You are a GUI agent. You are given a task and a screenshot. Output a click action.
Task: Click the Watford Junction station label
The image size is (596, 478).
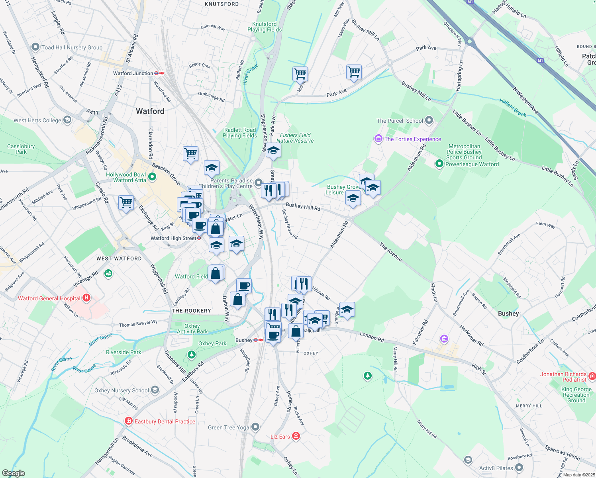tap(133, 73)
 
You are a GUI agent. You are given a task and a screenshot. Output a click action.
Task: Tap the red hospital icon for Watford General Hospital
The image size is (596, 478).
tap(86, 298)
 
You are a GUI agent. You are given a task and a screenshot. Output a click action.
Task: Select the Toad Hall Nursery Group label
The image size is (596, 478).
tap(72, 47)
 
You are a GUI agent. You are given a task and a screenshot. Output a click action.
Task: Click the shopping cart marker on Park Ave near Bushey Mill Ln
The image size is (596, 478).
tap(354, 72)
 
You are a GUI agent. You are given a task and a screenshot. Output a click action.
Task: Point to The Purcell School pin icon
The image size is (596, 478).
tap(429, 120)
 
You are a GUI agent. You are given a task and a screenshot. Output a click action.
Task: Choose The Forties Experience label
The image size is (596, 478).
tap(413, 139)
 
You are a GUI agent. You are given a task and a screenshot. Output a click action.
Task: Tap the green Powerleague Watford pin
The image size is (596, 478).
tap(439, 164)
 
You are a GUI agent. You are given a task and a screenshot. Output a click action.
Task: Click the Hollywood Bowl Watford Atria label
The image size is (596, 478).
tap(126, 177)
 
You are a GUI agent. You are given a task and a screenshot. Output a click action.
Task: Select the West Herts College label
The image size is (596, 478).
tap(37, 120)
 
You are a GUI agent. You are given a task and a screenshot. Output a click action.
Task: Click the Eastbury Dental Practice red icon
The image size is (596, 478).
tap(128, 421)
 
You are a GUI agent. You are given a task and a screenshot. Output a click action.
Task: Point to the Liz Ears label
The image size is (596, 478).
tap(280, 437)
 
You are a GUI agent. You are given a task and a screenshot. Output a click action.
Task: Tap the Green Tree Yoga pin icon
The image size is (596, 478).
tap(255, 427)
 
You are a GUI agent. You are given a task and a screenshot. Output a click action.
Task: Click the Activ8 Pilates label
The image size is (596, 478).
tap(496, 468)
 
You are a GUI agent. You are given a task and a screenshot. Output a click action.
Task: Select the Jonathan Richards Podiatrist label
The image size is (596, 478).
tap(563, 377)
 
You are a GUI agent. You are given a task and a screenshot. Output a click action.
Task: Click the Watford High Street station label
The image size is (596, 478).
tap(173, 238)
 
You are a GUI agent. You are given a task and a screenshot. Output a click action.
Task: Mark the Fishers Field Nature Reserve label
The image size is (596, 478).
tap(295, 138)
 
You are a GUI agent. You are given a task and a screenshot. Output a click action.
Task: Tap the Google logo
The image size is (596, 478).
tap(14, 473)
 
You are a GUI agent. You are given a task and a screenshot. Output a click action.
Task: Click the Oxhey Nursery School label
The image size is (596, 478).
tap(122, 390)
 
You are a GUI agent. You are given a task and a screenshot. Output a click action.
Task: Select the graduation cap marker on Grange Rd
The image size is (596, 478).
tap(347, 310)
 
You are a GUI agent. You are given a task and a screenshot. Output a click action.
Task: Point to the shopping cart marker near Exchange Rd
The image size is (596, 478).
tap(126, 203)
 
